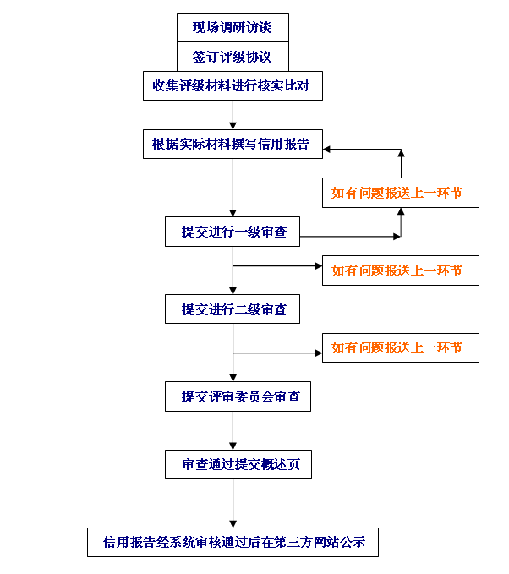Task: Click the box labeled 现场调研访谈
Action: pyautogui.click(x=233, y=27)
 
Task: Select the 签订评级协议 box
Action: pyautogui.click(x=233, y=57)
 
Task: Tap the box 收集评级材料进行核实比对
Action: pyautogui.click(x=233, y=85)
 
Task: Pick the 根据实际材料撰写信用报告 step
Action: pyautogui.click(x=233, y=144)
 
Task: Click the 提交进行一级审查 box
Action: pyautogui.click(x=233, y=232)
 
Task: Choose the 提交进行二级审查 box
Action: pyautogui.click(x=233, y=309)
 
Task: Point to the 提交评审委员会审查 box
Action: pyautogui.click(x=238, y=396)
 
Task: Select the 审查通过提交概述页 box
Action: pyautogui.click(x=238, y=465)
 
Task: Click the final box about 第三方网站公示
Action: pyautogui.click(x=233, y=542)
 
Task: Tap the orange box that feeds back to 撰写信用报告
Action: pyautogui.click(x=401, y=193)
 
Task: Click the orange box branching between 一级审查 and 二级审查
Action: pyautogui.click(x=401, y=271)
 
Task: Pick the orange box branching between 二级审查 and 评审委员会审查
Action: pyautogui.click(x=401, y=347)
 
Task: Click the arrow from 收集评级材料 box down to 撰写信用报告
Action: pyautogui.click(x=233, y=115)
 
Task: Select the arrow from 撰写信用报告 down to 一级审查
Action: pyautogui.click(x=233, y=188)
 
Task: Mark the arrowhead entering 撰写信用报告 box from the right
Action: pyautogui.click(x=326, y=150)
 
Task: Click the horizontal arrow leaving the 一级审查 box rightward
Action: pyautogui.click(x=350, y=237)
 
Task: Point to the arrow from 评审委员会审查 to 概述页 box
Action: pyautogui.click(x=233, y=430)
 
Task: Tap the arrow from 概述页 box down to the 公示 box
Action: pyautogui.click(x=233, y=503)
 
